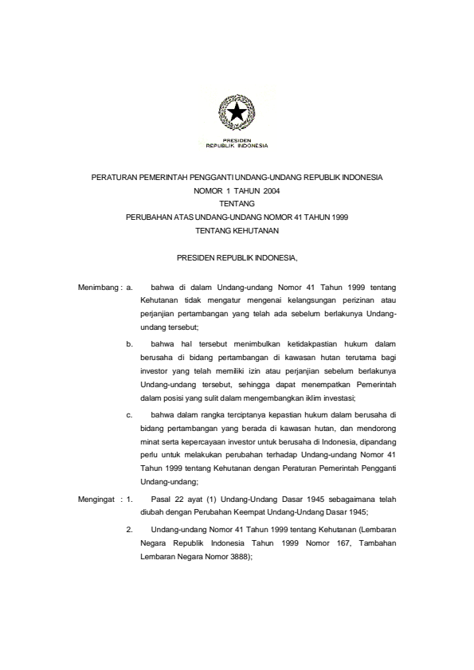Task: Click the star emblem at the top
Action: pos(237,113)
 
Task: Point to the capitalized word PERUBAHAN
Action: pos(154,217)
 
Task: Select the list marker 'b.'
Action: pos(129,344)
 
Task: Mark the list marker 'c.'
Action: pos(129,415)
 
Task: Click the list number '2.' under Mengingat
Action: pos(129,529)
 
